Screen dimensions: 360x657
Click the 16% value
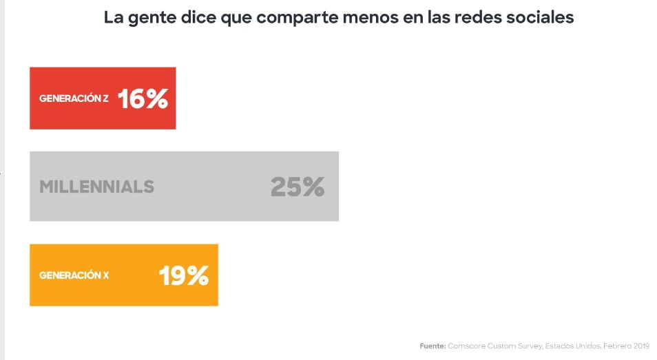[x=143, y=99]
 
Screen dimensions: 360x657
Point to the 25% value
[x=297, y=187]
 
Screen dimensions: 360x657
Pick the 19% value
[x=183, y=276]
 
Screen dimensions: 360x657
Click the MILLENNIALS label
[x=96, y=187]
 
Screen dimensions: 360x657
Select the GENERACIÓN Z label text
[x=74, y=99]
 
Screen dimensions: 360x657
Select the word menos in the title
[x=373, y=18]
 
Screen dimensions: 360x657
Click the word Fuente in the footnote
[x=432, y=346]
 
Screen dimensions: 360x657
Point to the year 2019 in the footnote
[x=640, y=346]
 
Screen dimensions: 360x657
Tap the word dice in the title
[x=197, y=18]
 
